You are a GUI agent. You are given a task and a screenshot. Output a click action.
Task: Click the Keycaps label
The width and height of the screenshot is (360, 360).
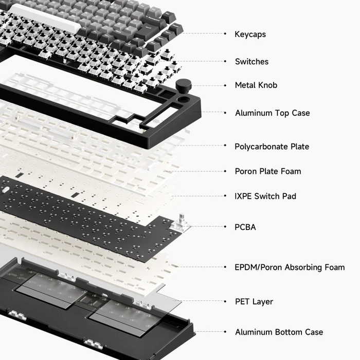tap(250, 34)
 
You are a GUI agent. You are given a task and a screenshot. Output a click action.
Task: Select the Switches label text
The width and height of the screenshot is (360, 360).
tap(251, 62)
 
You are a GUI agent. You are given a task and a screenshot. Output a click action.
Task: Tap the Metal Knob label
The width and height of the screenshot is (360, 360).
tap(256, 85)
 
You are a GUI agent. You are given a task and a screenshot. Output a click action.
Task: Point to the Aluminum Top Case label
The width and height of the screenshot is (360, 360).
tap(272, 113)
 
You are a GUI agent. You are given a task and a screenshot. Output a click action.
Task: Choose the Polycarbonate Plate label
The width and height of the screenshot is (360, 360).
tap(272, 147)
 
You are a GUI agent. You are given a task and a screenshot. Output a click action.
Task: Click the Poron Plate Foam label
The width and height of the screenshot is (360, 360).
tap(268, 171)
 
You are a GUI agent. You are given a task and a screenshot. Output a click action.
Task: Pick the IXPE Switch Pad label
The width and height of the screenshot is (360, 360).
tap(265, 196)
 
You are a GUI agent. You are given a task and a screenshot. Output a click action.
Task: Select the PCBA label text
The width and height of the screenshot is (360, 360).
tap(245, 227)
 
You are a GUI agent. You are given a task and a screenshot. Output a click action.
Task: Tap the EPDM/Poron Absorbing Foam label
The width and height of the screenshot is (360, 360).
tap(290, 267)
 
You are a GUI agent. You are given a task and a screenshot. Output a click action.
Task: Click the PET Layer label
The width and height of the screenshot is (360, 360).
tap(254, 301)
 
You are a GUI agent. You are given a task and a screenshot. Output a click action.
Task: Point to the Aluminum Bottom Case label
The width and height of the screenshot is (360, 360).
tap(279, 332)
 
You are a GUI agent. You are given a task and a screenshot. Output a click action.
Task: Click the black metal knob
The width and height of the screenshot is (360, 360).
tap(184, 85)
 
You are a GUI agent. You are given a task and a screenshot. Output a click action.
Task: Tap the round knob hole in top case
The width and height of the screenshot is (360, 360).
tap(184, 99)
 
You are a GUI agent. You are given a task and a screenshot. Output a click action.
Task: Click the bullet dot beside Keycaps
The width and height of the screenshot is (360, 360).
tap(225, 34)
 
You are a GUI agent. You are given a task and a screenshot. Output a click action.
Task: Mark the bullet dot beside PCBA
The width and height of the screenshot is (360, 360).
tap(225, 227)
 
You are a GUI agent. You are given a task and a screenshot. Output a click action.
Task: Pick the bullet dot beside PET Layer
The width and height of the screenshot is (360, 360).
tap(225, 301)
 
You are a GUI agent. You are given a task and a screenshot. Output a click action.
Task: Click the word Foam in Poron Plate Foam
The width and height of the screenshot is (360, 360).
tap(291, 171)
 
